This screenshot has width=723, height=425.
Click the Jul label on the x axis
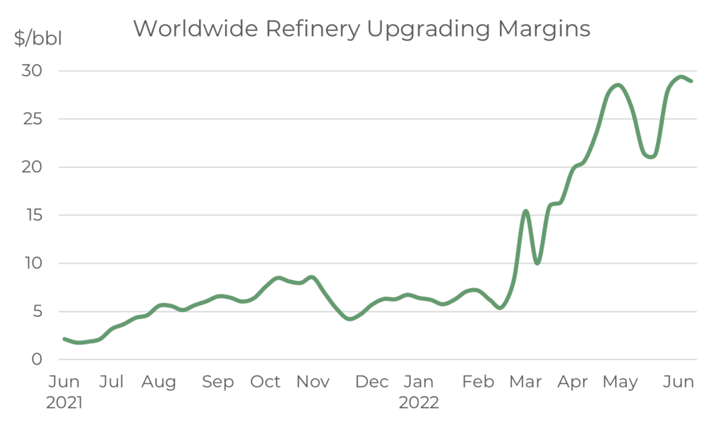click(x=112, y=382)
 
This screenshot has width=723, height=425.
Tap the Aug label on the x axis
click(x=159, y=382)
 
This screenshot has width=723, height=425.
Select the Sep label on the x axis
click(x=218, y=382)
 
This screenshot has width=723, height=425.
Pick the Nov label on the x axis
click(x=313, y=382)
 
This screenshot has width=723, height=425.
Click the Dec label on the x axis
click(x=372, y=382)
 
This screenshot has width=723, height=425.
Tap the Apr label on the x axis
click(x=573, y=382)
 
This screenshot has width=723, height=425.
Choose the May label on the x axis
click(x=621, y=383)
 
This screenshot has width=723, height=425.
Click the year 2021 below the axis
click(x=65, y=404)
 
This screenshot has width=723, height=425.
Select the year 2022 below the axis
click(x=419, y=404)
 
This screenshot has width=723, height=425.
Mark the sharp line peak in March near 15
click(x=525, y=210)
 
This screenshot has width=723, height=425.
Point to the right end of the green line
click(x=691, y=81)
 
